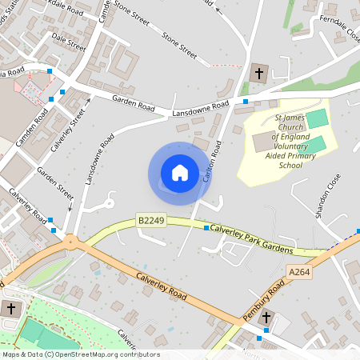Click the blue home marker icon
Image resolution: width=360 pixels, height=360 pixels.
[180, 173]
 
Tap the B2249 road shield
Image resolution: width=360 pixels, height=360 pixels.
[150, 219]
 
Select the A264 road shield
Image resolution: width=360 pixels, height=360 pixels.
[298, 273]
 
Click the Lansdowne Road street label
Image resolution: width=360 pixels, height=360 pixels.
[201, 110]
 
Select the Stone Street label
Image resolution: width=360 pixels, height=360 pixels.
[179, 46]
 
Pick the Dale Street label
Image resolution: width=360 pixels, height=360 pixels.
[68, 36]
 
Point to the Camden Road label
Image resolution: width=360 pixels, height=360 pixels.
[33, 124]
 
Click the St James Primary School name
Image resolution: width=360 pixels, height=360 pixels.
[289, 140]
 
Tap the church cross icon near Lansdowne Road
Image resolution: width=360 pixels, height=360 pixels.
[258, 74]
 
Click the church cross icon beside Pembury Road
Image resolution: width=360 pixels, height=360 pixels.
[267, 318]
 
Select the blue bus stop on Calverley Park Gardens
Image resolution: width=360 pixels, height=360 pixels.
[206, 228]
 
